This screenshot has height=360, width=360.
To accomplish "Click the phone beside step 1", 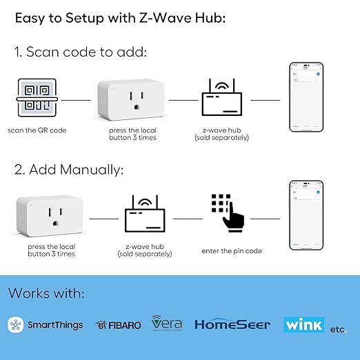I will click(306, 98).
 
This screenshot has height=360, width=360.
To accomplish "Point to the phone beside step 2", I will click(306, 215).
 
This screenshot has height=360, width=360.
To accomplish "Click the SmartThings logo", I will click(46, 325).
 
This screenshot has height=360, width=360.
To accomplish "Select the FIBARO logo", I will click(119, 325).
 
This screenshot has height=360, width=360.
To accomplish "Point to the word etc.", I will click(338, 329).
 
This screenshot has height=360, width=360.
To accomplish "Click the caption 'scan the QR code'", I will click(37, 130).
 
